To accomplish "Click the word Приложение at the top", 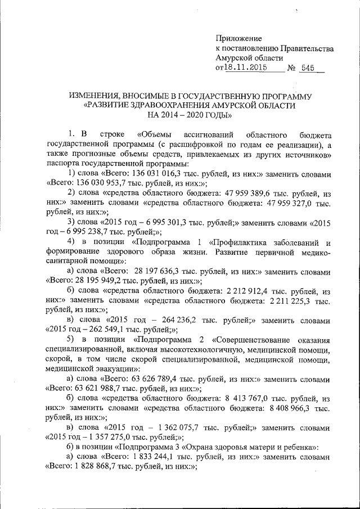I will click(x=239, y=38).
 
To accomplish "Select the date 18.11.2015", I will click(x=246, y=67).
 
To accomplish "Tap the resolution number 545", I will click(x=307, y=67).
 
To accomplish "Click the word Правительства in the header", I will click(x=308, y=48).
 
